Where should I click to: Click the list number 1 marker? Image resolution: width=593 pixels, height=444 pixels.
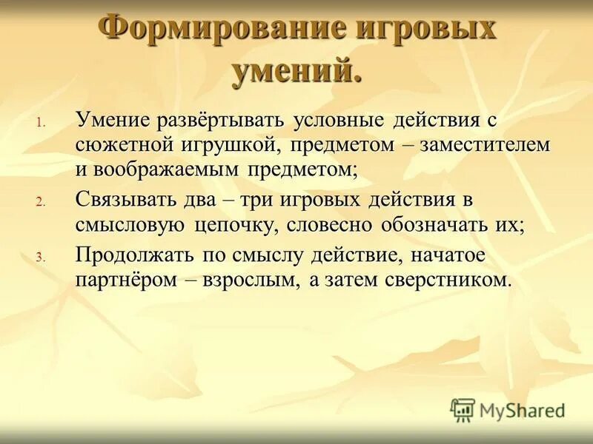[42, 123]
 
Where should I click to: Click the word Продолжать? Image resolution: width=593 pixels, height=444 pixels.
[135, 255]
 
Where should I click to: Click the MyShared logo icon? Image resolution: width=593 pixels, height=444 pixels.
[463, 409]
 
